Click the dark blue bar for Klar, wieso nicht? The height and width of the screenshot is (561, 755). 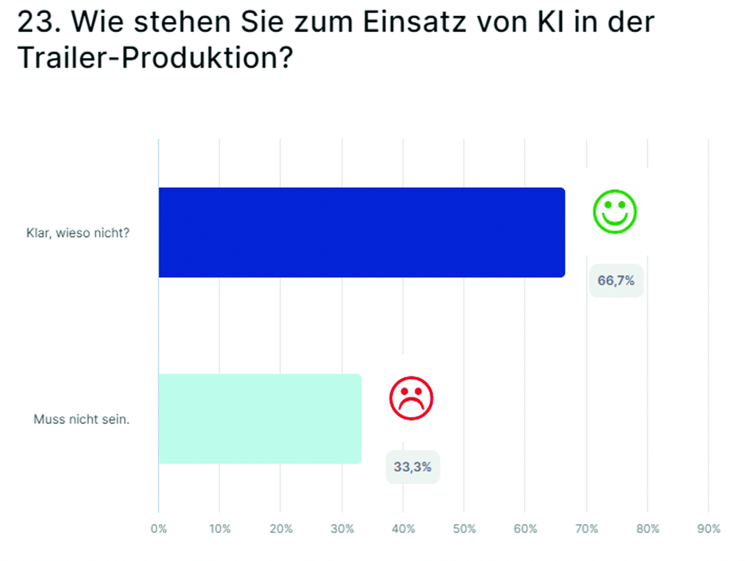pyautogui.click(x=361, y=232)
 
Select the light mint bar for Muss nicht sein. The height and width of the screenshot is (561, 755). pyautogui.click(x=260, y=418)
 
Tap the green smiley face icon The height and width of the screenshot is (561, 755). pyautogui.click(x=614, y=212)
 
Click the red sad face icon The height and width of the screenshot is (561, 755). pyautogui.click(x=411, y=398)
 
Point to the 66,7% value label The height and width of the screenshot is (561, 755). pyautogui.click(x=616, y=280)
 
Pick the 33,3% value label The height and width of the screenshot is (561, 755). pyautogui.click(x=412, y=467)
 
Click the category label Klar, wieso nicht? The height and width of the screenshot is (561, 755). pyautogui.click(x=78, y=233)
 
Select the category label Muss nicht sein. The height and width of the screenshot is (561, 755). pyautogui.click(x=81, y=419)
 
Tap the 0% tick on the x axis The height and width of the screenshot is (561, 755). pyautogui.click(x=159, y=528)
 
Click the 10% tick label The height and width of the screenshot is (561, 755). pyautogui.click(x=219, y=528)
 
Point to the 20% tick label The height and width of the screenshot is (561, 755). pyautogui.click(x=281, y=528)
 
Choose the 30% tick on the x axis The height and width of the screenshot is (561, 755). pyautogui.click(x=342, y=528)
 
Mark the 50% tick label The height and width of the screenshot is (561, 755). pyautogui.click(x=464, y=528)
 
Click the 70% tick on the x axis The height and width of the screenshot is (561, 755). pyautogui.click(x=586, y=528)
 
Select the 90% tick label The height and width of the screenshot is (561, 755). pyautogui.click(x=708, y=528)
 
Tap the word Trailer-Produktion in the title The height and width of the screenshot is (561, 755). pyautogui.click(x=155, y=58)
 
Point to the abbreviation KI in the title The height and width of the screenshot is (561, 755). pyautogui.click(x=550, y=22)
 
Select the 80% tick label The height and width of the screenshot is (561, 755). pyautogui.click(x=647, y=528)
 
